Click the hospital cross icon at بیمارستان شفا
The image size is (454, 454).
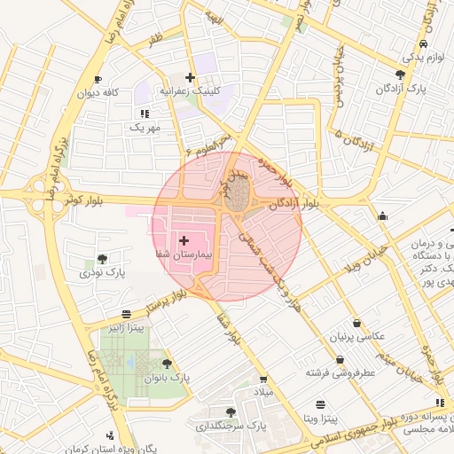click(x=184, y=240)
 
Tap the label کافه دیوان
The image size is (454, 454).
click(x=98, y=92)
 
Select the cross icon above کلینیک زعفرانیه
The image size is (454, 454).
click(x=190, y=78)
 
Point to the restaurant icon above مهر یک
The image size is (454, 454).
click(x=145, y=113)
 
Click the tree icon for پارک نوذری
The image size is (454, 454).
click(x=103, y=260)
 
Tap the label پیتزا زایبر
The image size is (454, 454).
click(x=126, y=328)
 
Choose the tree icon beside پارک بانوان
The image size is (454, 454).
click(x=167, y=364)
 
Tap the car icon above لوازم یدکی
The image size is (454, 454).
click(x=423, y=43)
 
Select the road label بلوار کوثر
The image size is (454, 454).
click(x=84, y=201)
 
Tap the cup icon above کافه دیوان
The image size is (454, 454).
click(x=98, y=79)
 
